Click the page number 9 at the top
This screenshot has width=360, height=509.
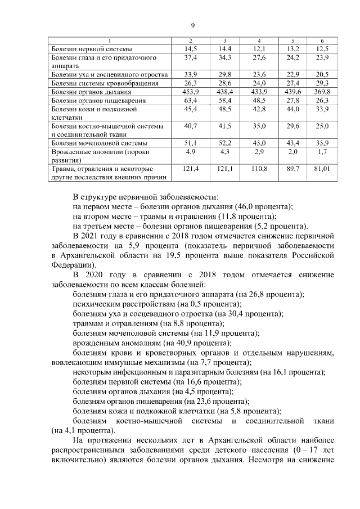(x=192, y=26)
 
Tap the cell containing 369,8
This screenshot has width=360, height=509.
(x=322, y=91)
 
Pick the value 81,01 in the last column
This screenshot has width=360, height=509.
(x=322, y=169)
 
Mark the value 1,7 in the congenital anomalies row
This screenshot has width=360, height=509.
(x=322, y=152)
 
